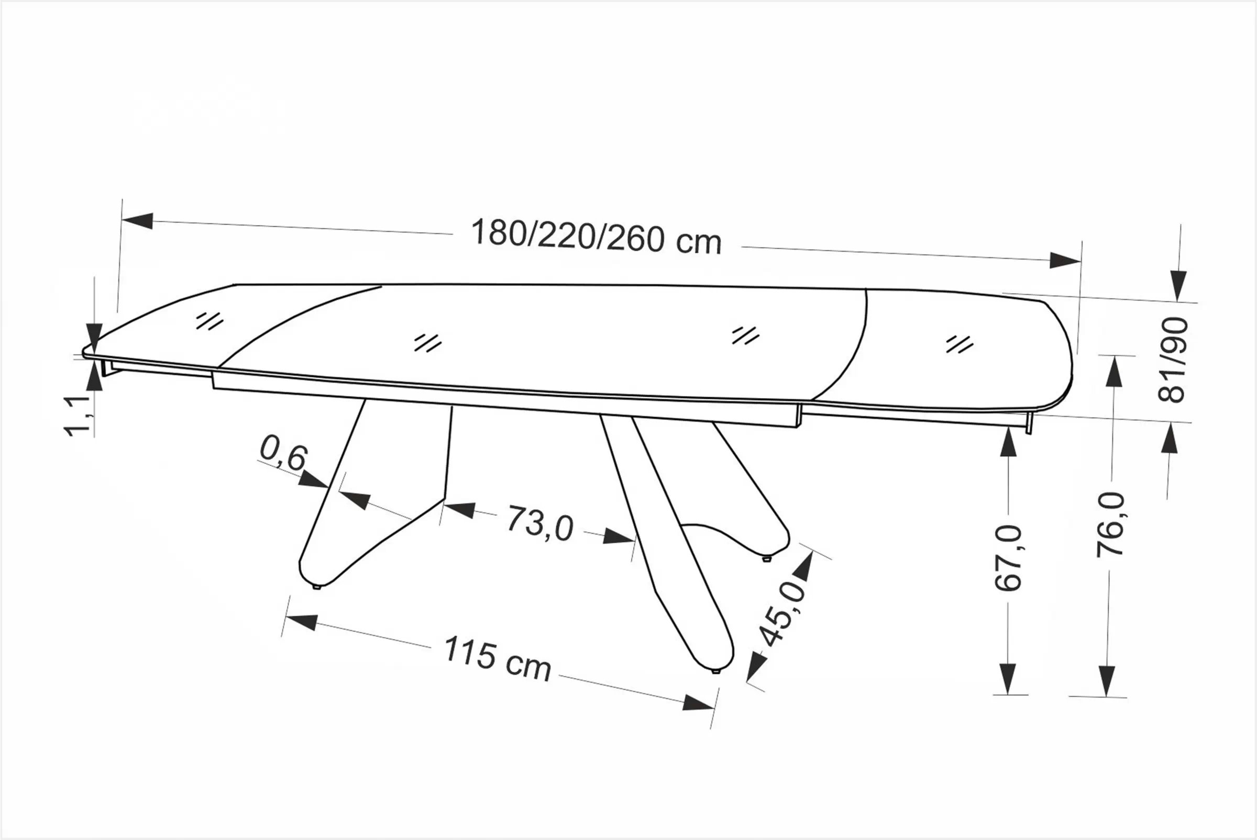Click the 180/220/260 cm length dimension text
pyautogui.click(x=596, y=237)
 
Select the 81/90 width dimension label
pyautogui.click(x=1173, y=360)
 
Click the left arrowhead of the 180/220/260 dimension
pyautogui.click(x=138, y=221)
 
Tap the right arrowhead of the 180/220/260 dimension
pyautogui.click(x=1064, y=260)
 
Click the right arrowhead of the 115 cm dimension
pyautogui.click(x=699, y=703)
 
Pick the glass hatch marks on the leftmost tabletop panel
pyautogui.click(x=209, y=321)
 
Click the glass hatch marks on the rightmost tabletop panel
pyautogui.click(x=960, y=344)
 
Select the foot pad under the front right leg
pyautogui.click(x=715, y=671)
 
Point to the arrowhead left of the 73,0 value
pyautogui.click(x=460, y=509)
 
